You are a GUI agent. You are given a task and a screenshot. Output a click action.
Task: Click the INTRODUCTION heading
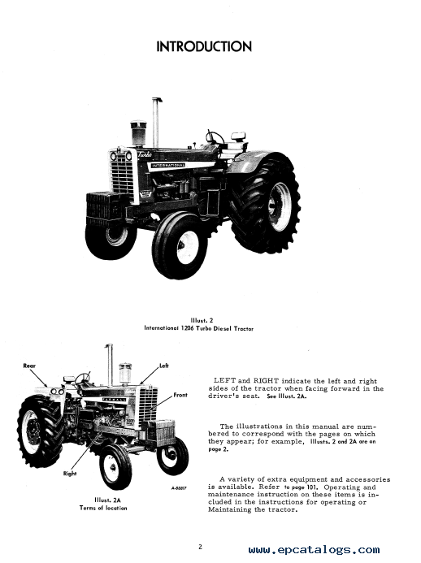pyautogui.click(x=204, y=46)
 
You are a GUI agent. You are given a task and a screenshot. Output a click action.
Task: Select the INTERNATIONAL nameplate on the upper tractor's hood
pyautogui.click(x=168, y=165)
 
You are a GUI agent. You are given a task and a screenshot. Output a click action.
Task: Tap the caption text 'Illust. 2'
pyautogui.click(x=202, y=321)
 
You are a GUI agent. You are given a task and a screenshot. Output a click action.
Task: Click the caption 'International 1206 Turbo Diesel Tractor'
pyautogui.click(x=198, y=328)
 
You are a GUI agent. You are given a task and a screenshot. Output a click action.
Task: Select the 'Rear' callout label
pyautogui.click(x=29, y=366)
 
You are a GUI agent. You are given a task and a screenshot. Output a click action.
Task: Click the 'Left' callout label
pyautogui.click(x=164, y=366)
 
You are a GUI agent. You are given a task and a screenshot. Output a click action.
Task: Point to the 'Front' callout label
pyautogui.click(x=180, y=395)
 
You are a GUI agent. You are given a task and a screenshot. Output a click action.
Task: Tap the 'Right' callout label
pyautogui.click(x=70, y=474)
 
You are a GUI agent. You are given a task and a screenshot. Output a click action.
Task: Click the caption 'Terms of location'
pyautogui.click(x=103, y=508)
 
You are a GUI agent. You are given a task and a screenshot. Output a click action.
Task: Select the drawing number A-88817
pyautogui.click(x=179, y=488)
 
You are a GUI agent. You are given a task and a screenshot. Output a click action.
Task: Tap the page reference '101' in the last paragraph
pyautogui.click(x=310, y=487)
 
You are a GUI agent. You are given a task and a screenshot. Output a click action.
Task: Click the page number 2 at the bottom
pyautogui.click(x=201, y=547)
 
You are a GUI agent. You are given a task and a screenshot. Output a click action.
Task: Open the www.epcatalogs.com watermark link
pyautogui.click(x=314, y=550)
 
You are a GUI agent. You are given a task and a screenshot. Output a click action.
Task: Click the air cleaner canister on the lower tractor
pyautogui.click(x=125, y=375)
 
